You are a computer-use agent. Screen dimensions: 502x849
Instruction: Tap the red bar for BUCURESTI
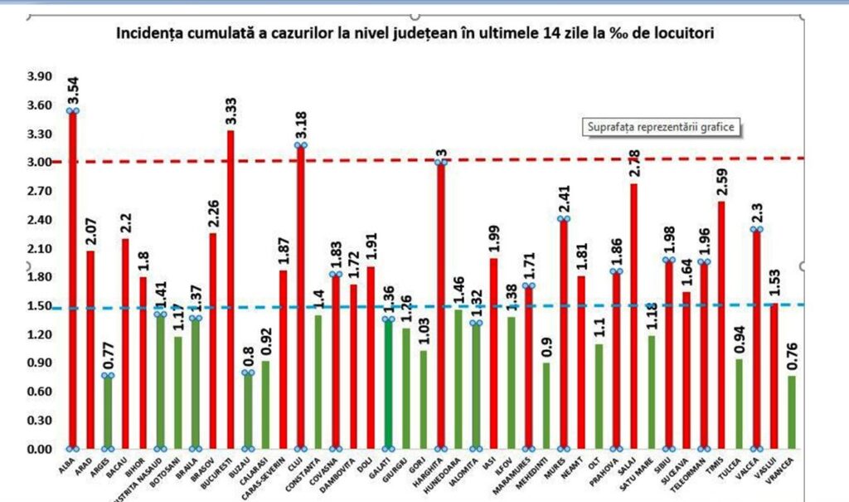tap(230, 290)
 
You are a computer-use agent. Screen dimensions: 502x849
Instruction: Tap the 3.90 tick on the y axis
tap(39, 76)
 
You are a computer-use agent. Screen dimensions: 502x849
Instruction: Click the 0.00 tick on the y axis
tap(39, 450)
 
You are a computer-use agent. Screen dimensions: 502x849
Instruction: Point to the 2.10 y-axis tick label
tap(39, 249)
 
